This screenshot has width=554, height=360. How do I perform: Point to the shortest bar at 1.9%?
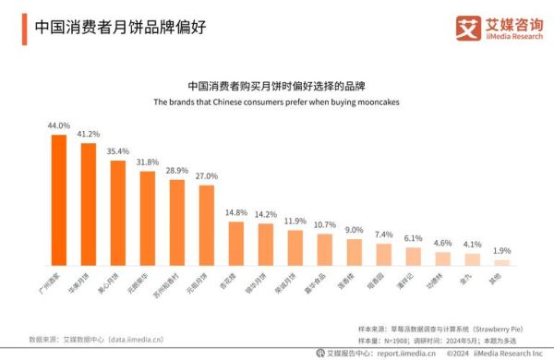[x=502, y=262]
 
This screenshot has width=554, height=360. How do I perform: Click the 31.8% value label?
[x=147, y=162]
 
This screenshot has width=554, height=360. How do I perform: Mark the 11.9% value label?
[x=295, y=222]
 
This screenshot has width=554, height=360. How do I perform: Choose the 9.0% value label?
[x=355, y=230]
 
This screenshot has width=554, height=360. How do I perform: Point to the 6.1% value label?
[x=414, y=238]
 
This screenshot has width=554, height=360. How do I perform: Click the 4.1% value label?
[x=473, y=245]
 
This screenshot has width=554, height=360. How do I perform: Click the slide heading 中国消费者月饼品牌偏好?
[x=119, y=27]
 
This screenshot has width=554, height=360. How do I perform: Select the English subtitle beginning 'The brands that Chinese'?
[x=276, y=102]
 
